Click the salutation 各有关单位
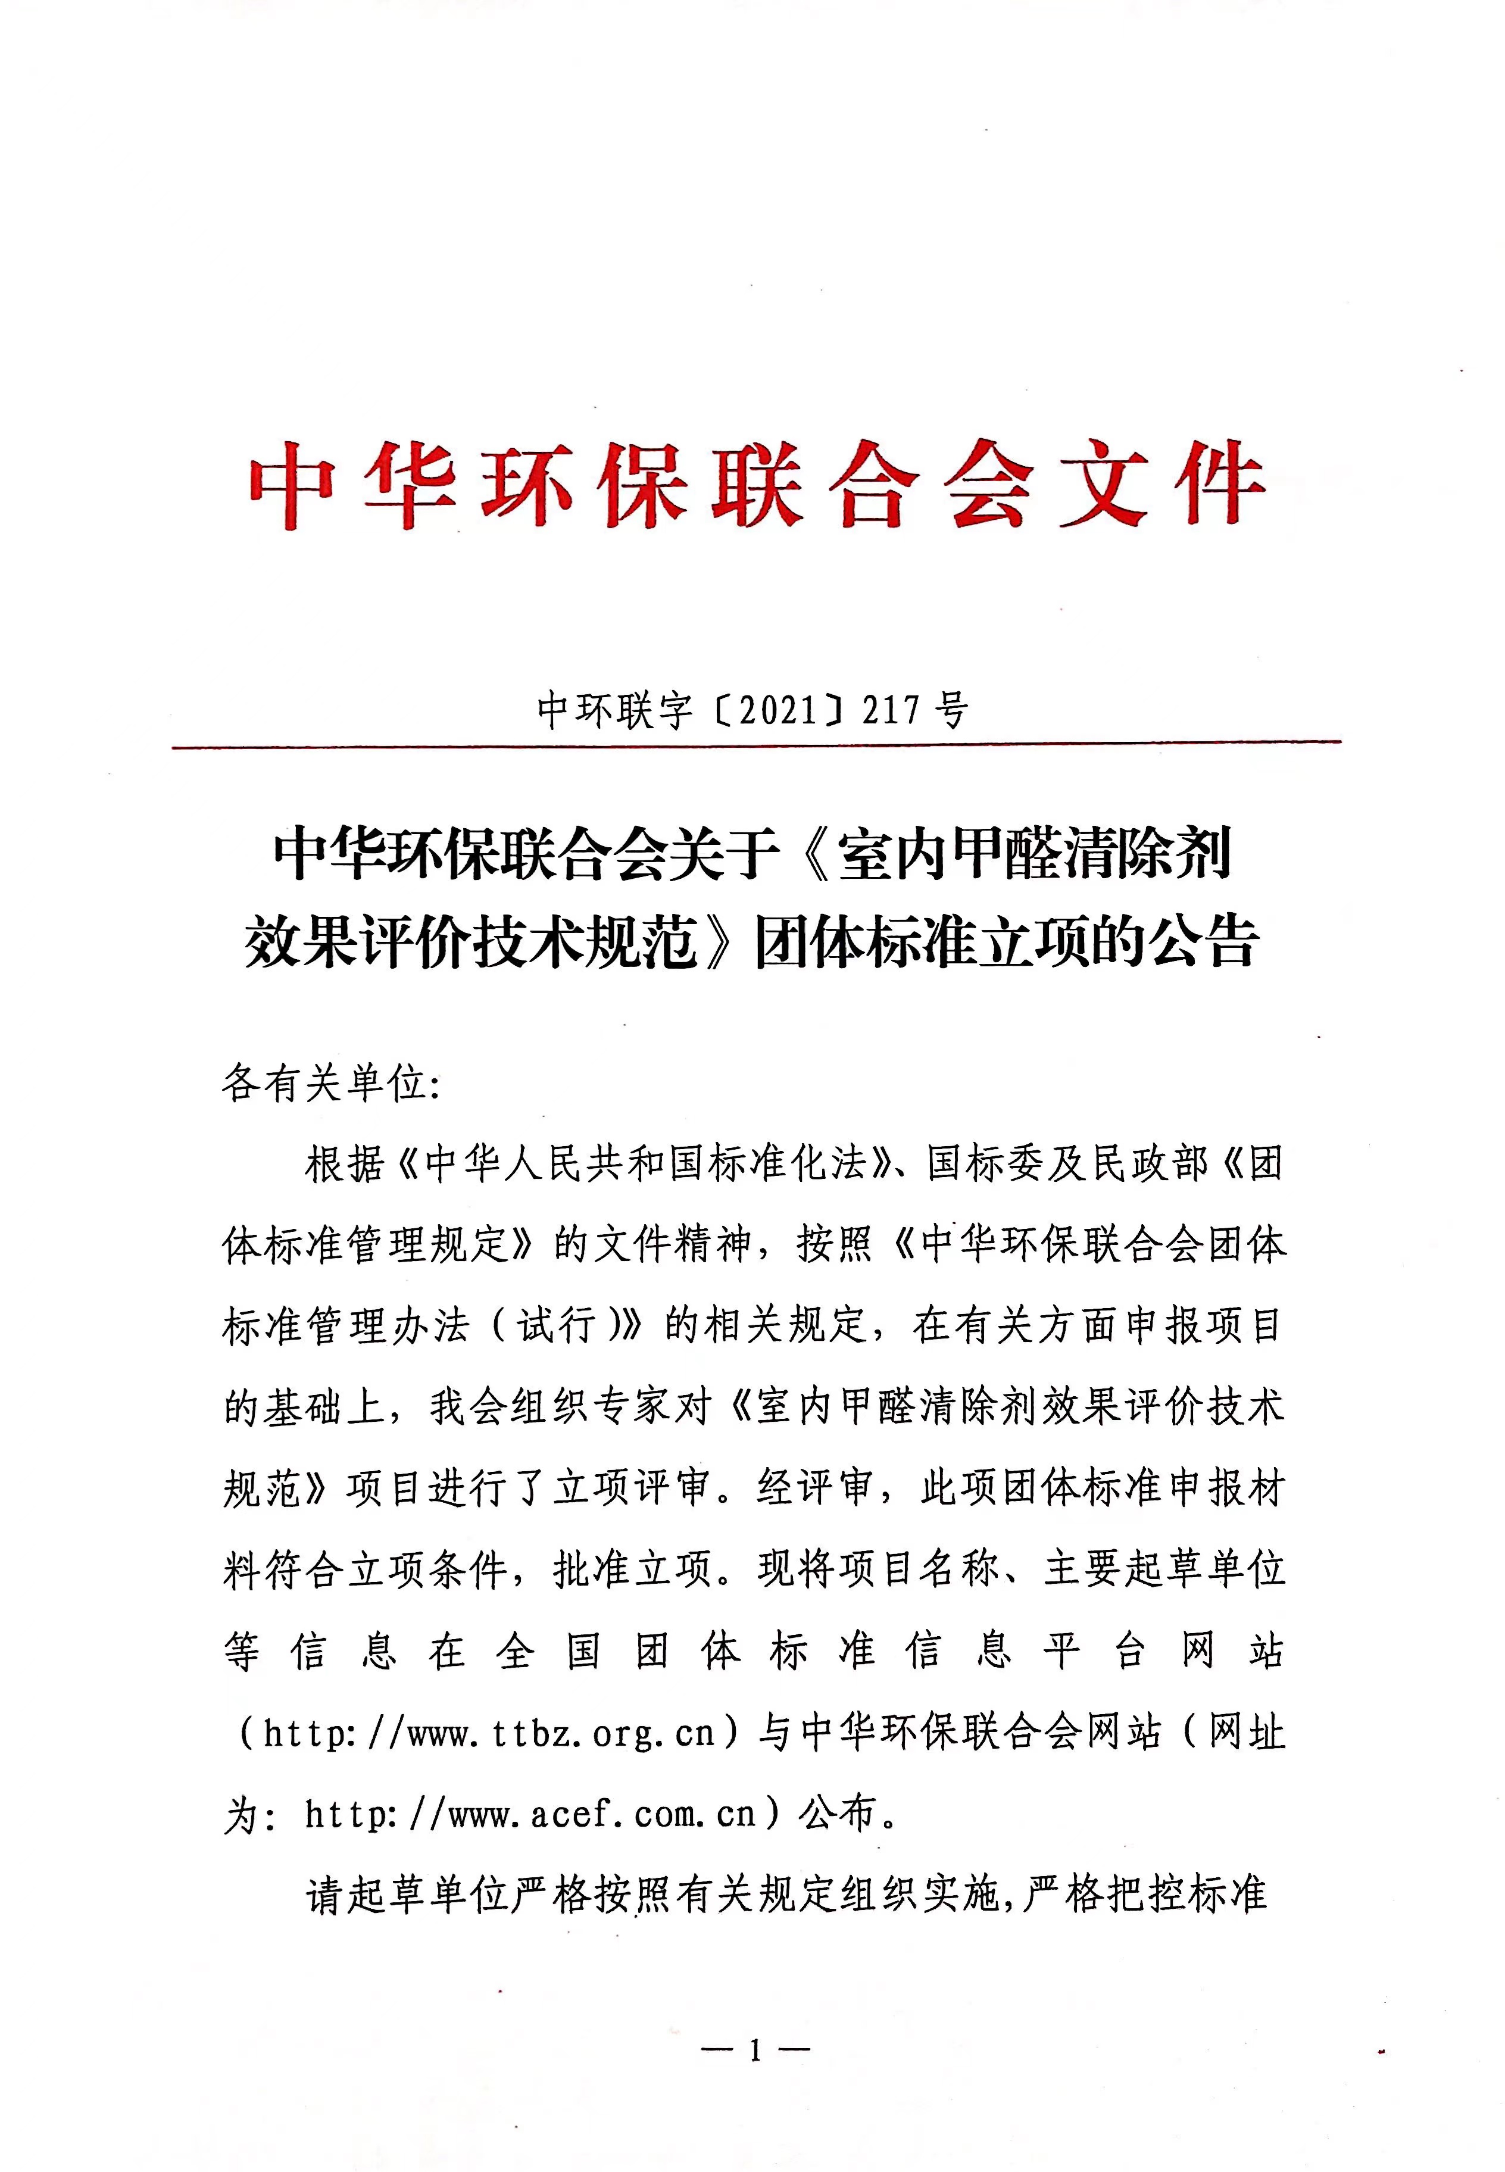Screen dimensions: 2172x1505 click(x=324, y=1085)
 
